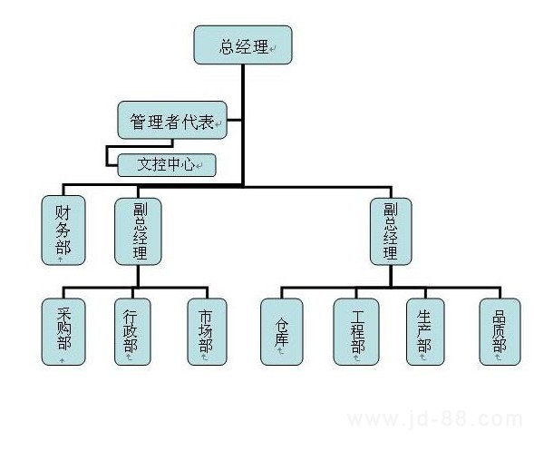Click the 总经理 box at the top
(243, 44)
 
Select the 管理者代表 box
(172, 120)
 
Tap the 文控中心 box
(167, 165)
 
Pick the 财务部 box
(63, 230)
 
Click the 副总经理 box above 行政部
(138, 231)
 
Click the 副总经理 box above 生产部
(391, 231)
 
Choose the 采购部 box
(63, 332)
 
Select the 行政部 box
(132, 332)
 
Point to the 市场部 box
(207, 332)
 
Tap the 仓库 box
(282, 332)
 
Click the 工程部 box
(356, 332)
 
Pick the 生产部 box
(425, 332)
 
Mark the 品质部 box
(500, 332)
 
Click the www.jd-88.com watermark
(435, 419)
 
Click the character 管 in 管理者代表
(138, 122)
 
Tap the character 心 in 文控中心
(187, 164)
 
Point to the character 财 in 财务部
(63, 212)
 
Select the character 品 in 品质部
(500, 317)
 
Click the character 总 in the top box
(227, 46)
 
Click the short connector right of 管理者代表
(234, 120)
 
